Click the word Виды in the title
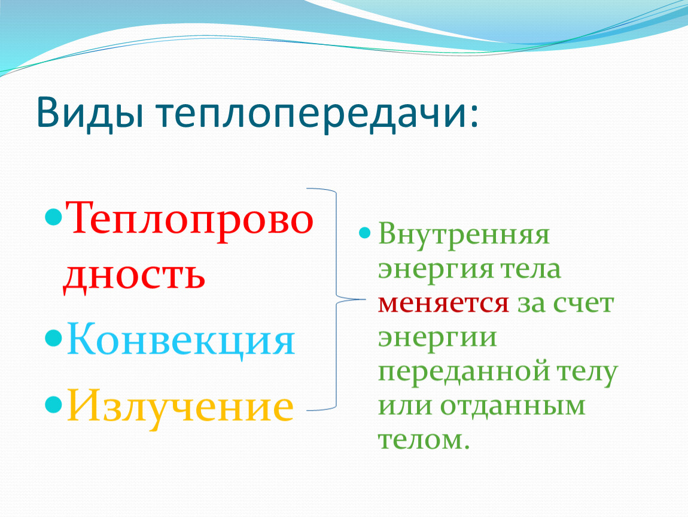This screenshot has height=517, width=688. [x=90, y=112]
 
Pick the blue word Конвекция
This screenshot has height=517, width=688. [x=181, y=340]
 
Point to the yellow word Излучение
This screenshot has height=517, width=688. [x=180, y=406]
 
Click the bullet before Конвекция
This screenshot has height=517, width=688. [x=53, y=338]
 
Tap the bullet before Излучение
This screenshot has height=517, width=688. [x=53, y=405]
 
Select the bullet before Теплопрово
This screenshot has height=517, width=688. [x=53, y=217]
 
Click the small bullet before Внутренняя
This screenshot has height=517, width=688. [x=364, y=233]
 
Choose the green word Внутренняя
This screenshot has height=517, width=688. [x=463, y=234]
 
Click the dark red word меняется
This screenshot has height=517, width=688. [x=443, y=303]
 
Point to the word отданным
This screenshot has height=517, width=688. [x=513, y=406]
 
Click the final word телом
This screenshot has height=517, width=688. [x=424, y=440]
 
